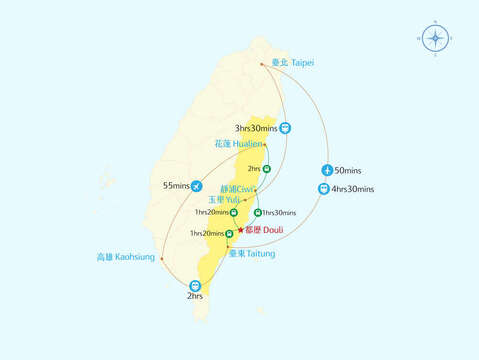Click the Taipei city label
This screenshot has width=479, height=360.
tap(291, 62)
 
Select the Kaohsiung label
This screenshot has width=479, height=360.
tap(126, 257)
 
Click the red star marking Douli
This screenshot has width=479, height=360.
tap(240, 230)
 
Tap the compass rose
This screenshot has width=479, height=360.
tap(434, 39)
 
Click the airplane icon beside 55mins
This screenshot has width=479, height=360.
tap(196, 186)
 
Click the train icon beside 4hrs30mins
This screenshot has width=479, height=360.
tap(324, 189)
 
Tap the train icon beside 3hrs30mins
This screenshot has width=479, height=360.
tap(286, 128)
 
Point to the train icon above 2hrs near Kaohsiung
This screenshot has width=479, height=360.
tap(195, 286)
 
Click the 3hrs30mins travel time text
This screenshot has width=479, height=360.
tap(256, 128)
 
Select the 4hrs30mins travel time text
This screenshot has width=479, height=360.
tap(353, 189)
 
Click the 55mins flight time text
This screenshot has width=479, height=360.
tap(175, 186)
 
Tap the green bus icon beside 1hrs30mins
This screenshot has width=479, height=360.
tap(258, 212)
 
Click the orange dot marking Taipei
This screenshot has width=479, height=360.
tap(262, 65)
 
